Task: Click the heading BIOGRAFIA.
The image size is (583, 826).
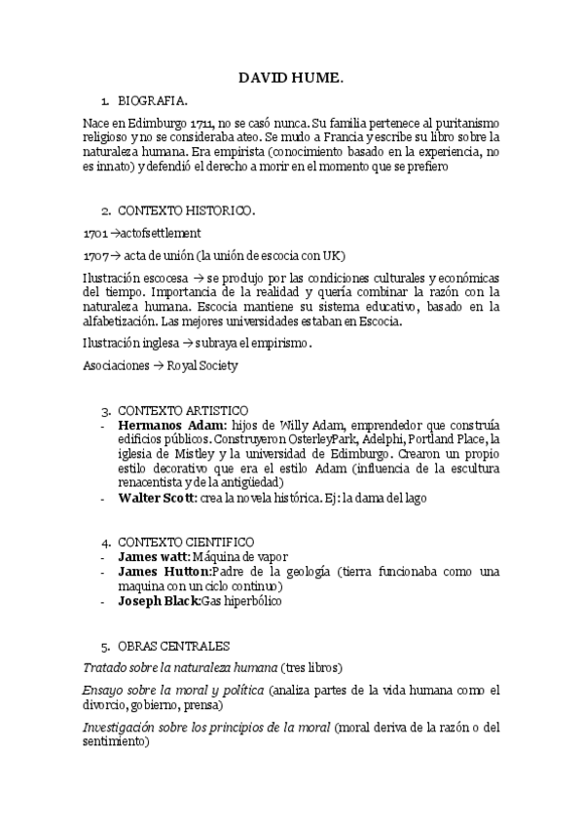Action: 153,101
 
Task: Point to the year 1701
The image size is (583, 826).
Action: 95,233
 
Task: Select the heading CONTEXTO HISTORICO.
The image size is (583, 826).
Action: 187,209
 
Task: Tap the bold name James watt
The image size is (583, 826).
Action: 154,556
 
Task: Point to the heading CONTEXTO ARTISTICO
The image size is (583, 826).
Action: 183,410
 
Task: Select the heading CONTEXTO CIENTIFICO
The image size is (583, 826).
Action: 186,542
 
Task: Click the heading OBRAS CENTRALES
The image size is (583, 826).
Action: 173,646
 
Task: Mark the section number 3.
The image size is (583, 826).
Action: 106,410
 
